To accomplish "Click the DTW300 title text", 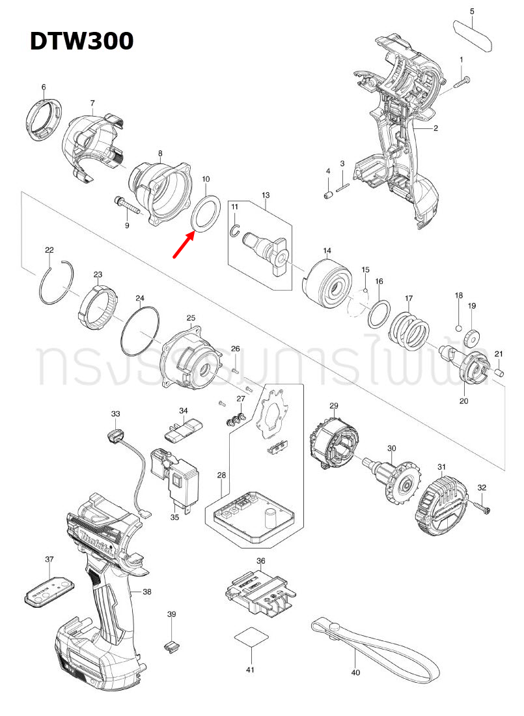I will [x=81, y=41].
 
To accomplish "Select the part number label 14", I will [x=327, y=251].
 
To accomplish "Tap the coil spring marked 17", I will [x=409, y=330].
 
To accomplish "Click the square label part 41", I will [x=250, y=637].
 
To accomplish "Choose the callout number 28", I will [x=221, y=476].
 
